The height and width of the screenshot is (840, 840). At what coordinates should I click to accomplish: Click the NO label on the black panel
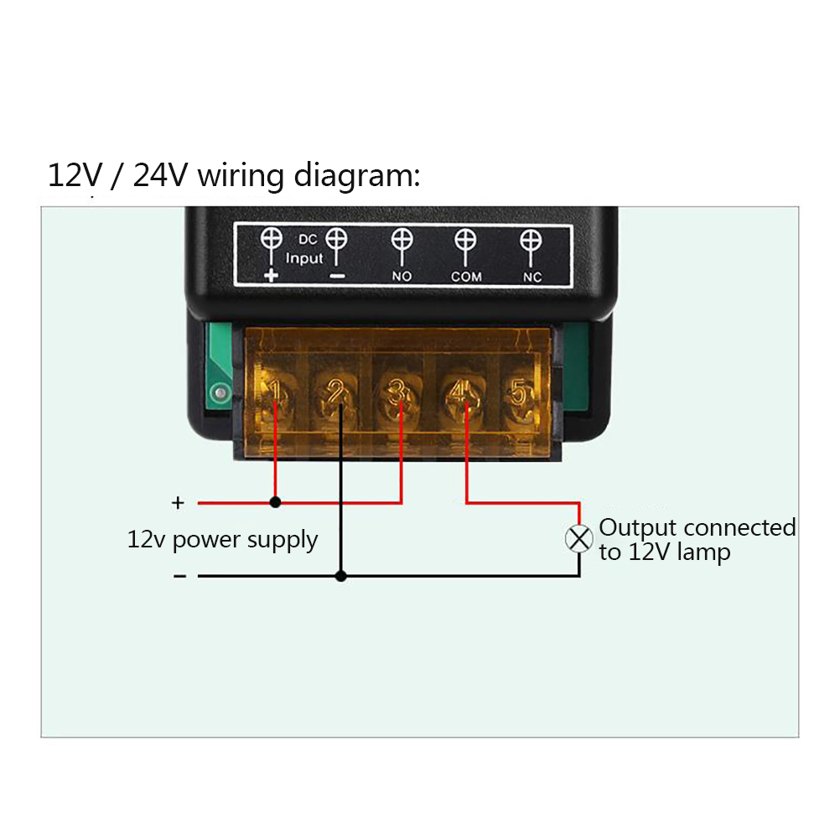pyautogui.click(x=402, y=276)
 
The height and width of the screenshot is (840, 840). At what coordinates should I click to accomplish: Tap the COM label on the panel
pyautogui.click(x=466, y=276)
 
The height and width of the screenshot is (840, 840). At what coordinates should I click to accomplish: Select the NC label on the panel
pyautogui.click(x=531, y=276)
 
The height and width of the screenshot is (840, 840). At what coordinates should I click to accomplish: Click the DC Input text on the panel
pyautogui.click(x=303, y=250)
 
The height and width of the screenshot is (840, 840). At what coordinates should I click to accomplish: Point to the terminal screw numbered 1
pyautogui.click(x=274, y=393)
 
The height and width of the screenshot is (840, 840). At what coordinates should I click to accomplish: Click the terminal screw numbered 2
pyautogui.click(x=336, y=393)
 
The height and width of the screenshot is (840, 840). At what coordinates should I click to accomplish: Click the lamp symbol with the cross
pyautogui.click(x=579, y=538)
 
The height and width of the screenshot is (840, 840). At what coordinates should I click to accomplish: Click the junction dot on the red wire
pyautogui.click(x=275, y=503)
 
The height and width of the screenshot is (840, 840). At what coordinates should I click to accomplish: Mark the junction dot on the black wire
pyautogui.click(x=340, y=576)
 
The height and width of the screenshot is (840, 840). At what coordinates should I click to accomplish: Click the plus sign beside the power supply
pyautogui.click(x=178, y=503)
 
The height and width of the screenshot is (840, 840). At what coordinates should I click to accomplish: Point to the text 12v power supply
pyautogui.click(x=222, y=539)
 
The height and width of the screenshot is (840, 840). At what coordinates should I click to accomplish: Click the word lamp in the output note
pyautogui.click(x=703, y=552)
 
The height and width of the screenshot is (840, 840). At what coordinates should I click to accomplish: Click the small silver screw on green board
pyautogui.click(x=219, y=391)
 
